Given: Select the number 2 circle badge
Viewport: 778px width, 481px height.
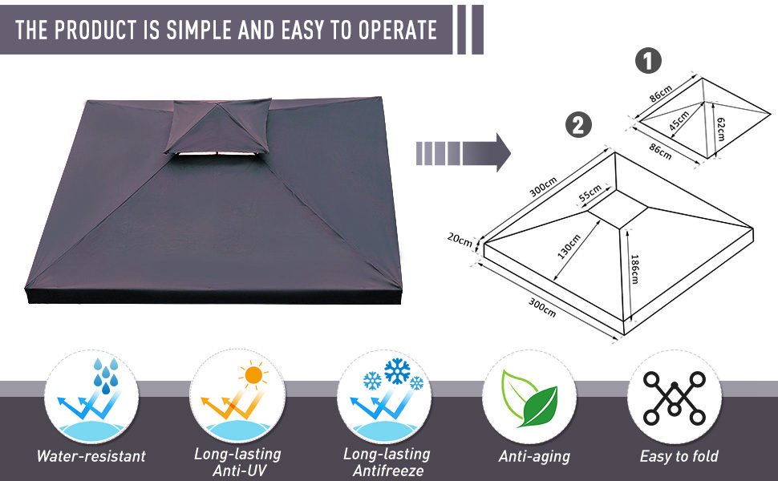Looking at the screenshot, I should click(578, 125).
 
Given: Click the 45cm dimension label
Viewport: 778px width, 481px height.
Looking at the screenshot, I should click(679, 120).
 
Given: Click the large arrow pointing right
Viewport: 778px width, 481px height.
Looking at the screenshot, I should click(464, 152).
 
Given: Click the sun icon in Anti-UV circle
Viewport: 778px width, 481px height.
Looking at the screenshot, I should click(253, 374).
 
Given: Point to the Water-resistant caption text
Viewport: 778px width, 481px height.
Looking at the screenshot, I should click(91, 456).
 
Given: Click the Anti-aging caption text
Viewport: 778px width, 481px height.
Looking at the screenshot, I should click(533, 456).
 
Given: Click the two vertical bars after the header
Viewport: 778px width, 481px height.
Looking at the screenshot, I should click(468, 30).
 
